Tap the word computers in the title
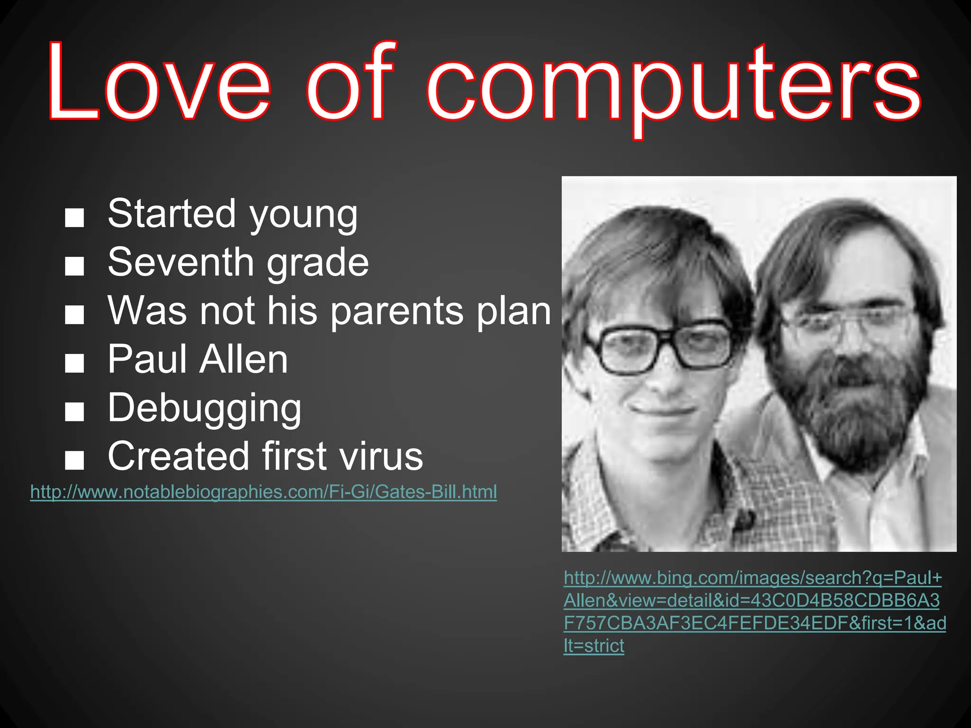coord(673,88)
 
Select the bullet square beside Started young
coord(74,218)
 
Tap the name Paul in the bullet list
coord(147,359)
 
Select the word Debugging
coord(204,409)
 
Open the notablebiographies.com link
coord(264,492)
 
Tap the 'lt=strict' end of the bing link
coord(594,646)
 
